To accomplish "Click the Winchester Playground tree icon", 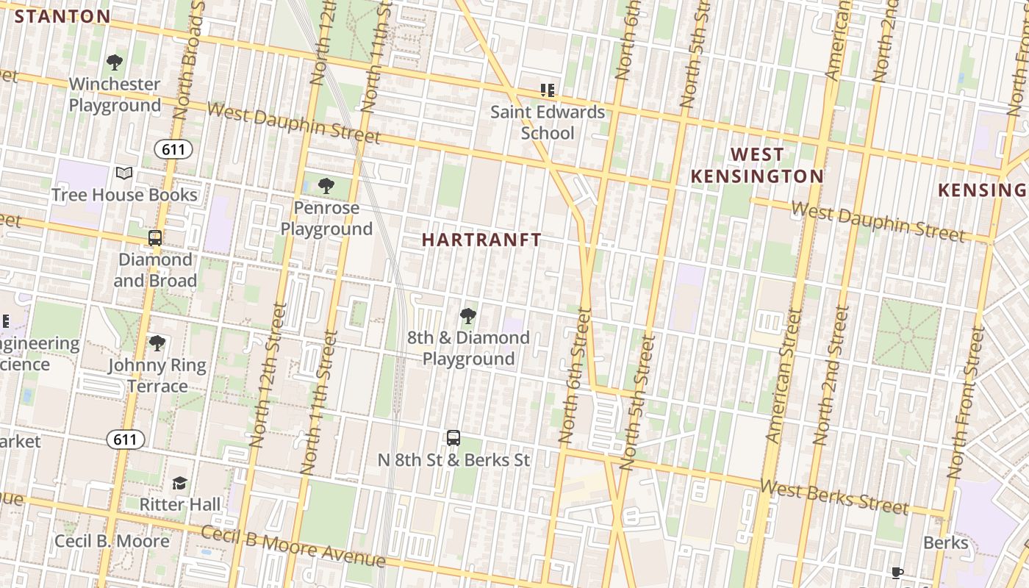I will pyautogui.click(x=114, y=62).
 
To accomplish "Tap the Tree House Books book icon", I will pyautogui.click(x=124, y=173).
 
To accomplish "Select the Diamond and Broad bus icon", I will pyautogui.click(x=155, y=238).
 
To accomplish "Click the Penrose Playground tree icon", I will pyautogui.click(x=326, y=186).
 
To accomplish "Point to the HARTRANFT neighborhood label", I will pyautogui.click(x=481, y=240).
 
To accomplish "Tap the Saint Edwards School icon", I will pyautogui.click(x=547, y=90).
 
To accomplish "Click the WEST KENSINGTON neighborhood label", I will pyautogui.click(x=757, y=165).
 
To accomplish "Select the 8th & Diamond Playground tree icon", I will pyautogui.click(x=467, y=317).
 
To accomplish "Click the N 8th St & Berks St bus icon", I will pyautogui.click(x=453, y=438).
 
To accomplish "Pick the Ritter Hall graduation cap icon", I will pyautogui.click(x=179, y=483).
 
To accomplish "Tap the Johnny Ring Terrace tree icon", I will pyautogui.click(x=157, y=343).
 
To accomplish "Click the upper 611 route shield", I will pyautogui.click(x=173, y=150).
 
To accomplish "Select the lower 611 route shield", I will pyautogui.click(x=125, y=440).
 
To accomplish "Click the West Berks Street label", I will pyautogui.click(x=834, y=498).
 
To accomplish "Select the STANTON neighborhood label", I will pyautogui.click(x=62, y=16).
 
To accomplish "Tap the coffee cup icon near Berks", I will pyautogui.click(x=897, y=573).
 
